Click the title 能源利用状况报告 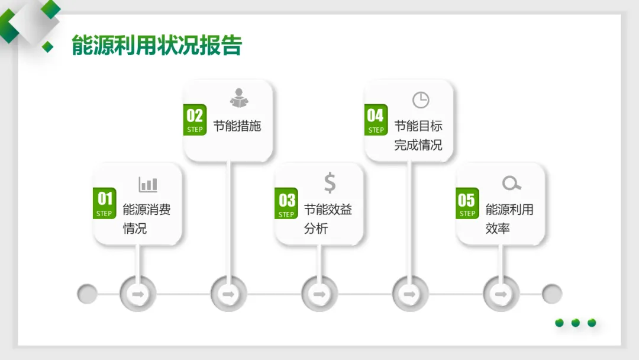[x=157, y=46]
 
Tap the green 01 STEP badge [x=105, y=204]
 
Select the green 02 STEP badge [x=195, y=120]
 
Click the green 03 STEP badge [x=286, y=204]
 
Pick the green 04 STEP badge [x=376, y=120]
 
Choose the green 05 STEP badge [x=467, y=204]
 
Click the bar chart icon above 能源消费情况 [x=148, y=184]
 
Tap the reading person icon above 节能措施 [x=239, y=98]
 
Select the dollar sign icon [x=330, y=183]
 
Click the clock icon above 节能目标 [x=421, y=100]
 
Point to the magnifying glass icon [x=511, y=184]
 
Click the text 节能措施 [x=237, y=126]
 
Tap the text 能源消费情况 [x=146, y=218]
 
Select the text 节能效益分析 [x=328, y=218]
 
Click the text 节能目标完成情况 [x=418, y=135]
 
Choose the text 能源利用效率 [x=509, y=218]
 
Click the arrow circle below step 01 [x=137, y=294]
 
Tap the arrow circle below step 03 [x=319, y=294]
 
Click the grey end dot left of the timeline [x=88, y=294]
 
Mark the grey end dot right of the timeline [x=552, y=294]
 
